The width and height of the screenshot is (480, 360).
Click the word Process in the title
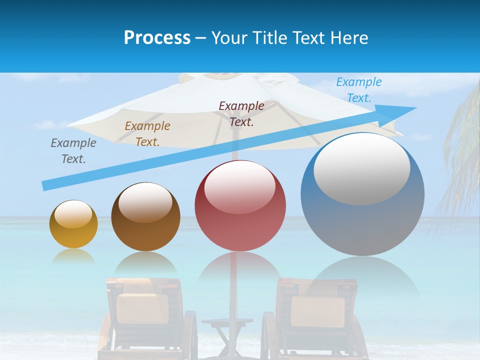coord(157,38)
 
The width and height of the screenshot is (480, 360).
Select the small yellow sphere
coord(73,224)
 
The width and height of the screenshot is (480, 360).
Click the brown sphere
coord(145,217)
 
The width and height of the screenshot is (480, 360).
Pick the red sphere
coord(240,206)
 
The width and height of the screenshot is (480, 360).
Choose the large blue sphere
coord(362,195)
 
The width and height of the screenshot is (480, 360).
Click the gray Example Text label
coord(73,151)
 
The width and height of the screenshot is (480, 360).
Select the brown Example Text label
coord(147,134)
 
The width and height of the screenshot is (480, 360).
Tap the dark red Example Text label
coord(241,114)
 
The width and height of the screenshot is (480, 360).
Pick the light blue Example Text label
coord(359,90)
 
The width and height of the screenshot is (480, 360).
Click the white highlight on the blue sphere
coord(361,169)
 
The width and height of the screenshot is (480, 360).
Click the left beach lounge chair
coord(145,315)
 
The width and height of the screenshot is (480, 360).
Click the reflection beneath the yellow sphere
coord(73,257)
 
